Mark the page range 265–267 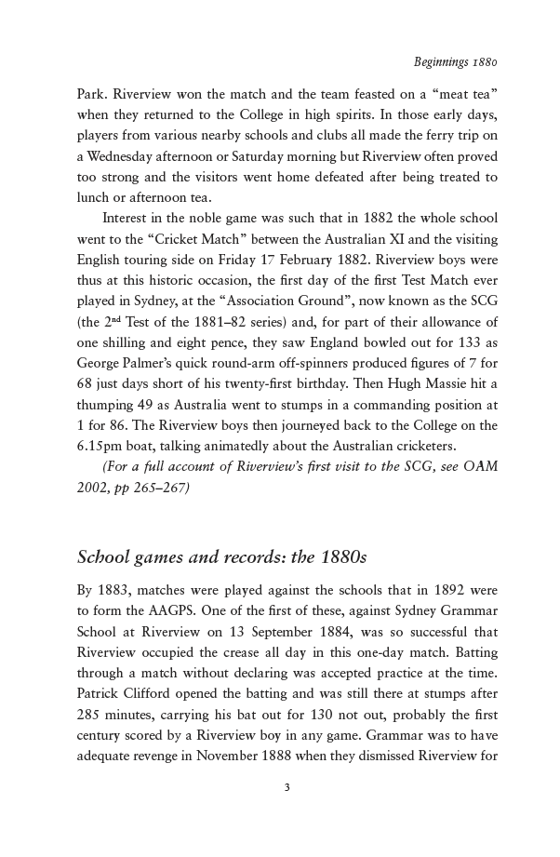156,487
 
